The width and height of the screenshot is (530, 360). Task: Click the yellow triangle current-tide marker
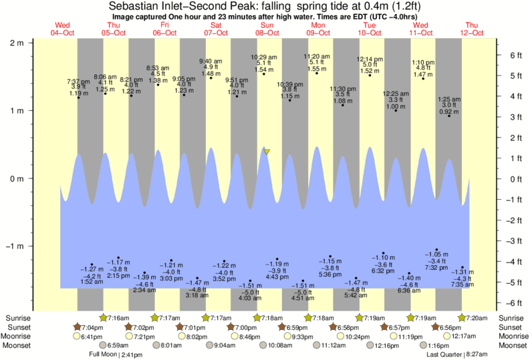[267, 152]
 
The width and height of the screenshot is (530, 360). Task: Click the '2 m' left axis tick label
[17, 42]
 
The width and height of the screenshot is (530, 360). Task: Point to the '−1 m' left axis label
[15, 246]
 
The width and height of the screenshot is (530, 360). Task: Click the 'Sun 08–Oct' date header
[267, 29]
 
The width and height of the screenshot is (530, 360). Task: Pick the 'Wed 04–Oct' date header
[63, 29]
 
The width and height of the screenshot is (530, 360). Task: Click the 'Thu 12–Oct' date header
[472, 29]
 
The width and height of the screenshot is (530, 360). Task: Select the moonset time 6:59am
[118, 345]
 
